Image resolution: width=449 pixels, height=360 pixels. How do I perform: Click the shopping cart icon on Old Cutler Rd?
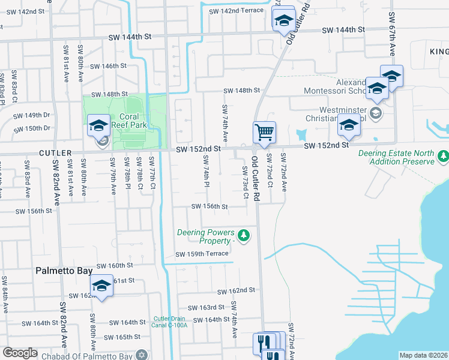coord(264,131)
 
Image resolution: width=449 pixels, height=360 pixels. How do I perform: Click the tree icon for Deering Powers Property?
coord(243,235)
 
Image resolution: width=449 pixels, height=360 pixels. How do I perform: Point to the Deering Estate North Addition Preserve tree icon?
coord(443,156)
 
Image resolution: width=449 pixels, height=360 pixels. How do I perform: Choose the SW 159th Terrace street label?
coord(201,254)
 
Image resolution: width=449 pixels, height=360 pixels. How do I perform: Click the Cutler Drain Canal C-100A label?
coord(170,322)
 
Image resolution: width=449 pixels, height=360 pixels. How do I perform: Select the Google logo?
coord(20,353)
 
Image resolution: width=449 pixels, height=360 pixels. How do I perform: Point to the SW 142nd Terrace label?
coord(236,11)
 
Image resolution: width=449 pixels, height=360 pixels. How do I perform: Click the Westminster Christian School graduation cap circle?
coord(375,113)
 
